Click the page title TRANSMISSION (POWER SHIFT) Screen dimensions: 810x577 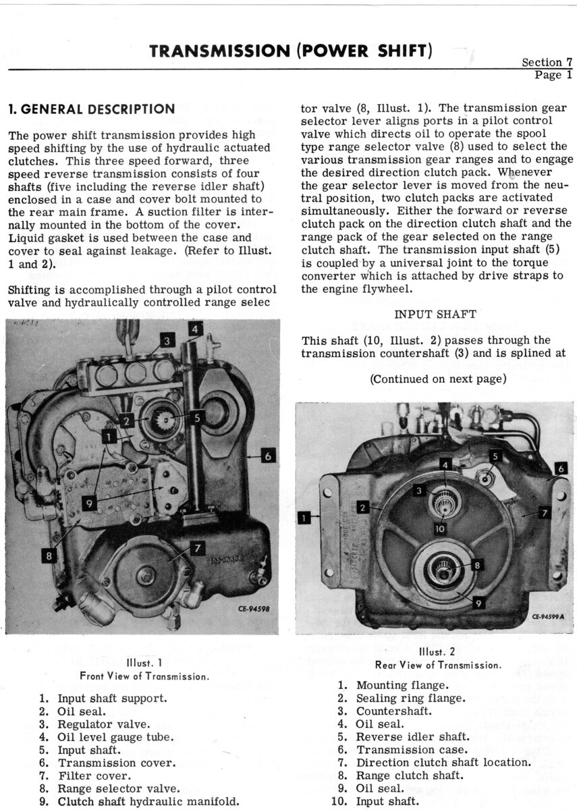(290, 51)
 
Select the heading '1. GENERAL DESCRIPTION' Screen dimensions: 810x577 (90, 109)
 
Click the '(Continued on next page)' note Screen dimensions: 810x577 (438, 379)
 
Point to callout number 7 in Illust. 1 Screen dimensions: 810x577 (196, 549)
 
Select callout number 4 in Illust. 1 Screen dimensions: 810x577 (194, 329)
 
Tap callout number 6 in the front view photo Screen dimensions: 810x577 (268, 456)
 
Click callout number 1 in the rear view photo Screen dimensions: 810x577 (304, 518)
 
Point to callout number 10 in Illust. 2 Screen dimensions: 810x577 (439, 529)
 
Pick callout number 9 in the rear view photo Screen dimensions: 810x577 (478, 603)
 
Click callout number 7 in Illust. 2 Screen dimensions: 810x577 (545, 513)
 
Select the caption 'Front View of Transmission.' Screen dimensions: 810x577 (144, 676)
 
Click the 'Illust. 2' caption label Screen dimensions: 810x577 (438, 653)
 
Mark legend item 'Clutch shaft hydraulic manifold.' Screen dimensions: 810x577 (148, 801)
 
